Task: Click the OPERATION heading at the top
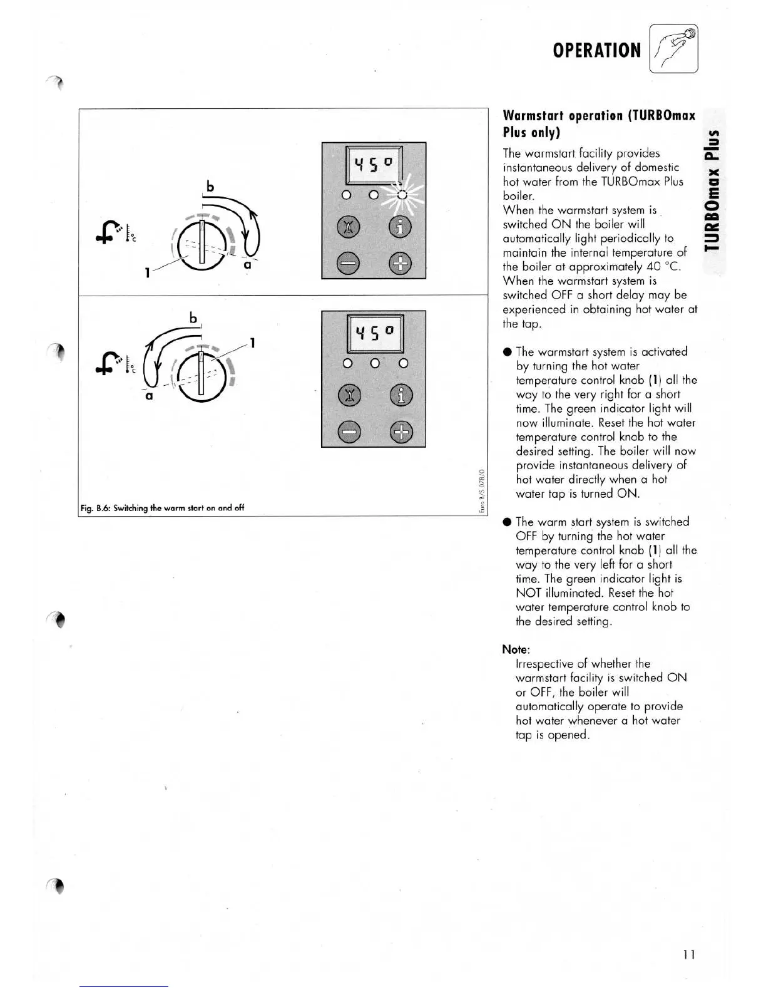596,50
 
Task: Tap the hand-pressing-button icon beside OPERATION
674,49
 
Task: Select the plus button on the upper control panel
401,264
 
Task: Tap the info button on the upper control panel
401,227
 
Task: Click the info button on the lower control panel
401,395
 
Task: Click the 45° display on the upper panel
374,165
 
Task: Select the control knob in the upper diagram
200,245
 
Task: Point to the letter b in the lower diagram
193,318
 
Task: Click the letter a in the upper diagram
247,265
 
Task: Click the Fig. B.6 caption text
162,508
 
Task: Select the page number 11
689,954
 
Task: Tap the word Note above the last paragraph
516,649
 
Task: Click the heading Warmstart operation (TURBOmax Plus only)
598,124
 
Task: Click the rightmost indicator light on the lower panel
404,363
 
